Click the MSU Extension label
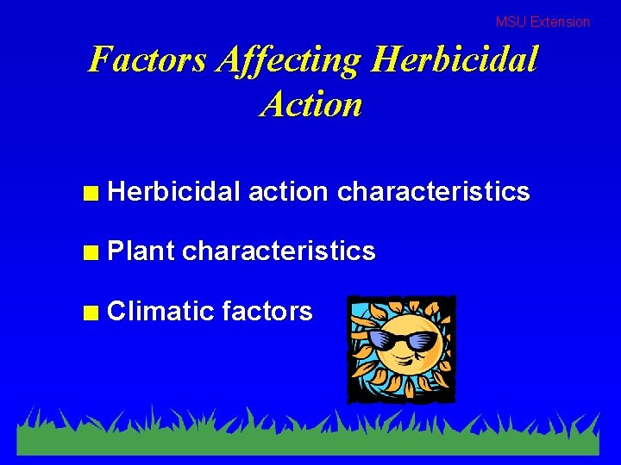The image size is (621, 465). click(x=543, y=22)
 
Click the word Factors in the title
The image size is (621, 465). click(x=147, y=59)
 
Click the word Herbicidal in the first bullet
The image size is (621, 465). click(x=174, y=191)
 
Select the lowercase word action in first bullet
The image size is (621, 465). click(x=288, y=191)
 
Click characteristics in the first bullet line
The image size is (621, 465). click(x=433, y=191)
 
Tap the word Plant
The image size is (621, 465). click(x=141, y=251)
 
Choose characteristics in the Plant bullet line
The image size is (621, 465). click(x=279, y=251)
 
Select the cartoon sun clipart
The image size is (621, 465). click(x=401, y=349)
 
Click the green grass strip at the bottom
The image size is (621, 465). click(x=310, y=439)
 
